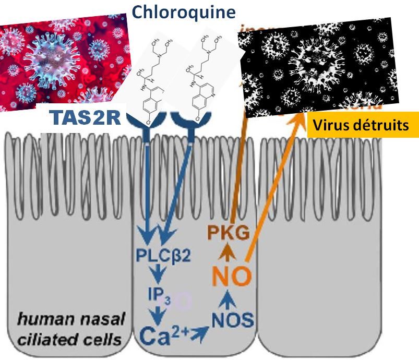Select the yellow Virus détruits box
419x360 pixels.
(363, 125)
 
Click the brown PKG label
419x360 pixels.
(228, 233)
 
